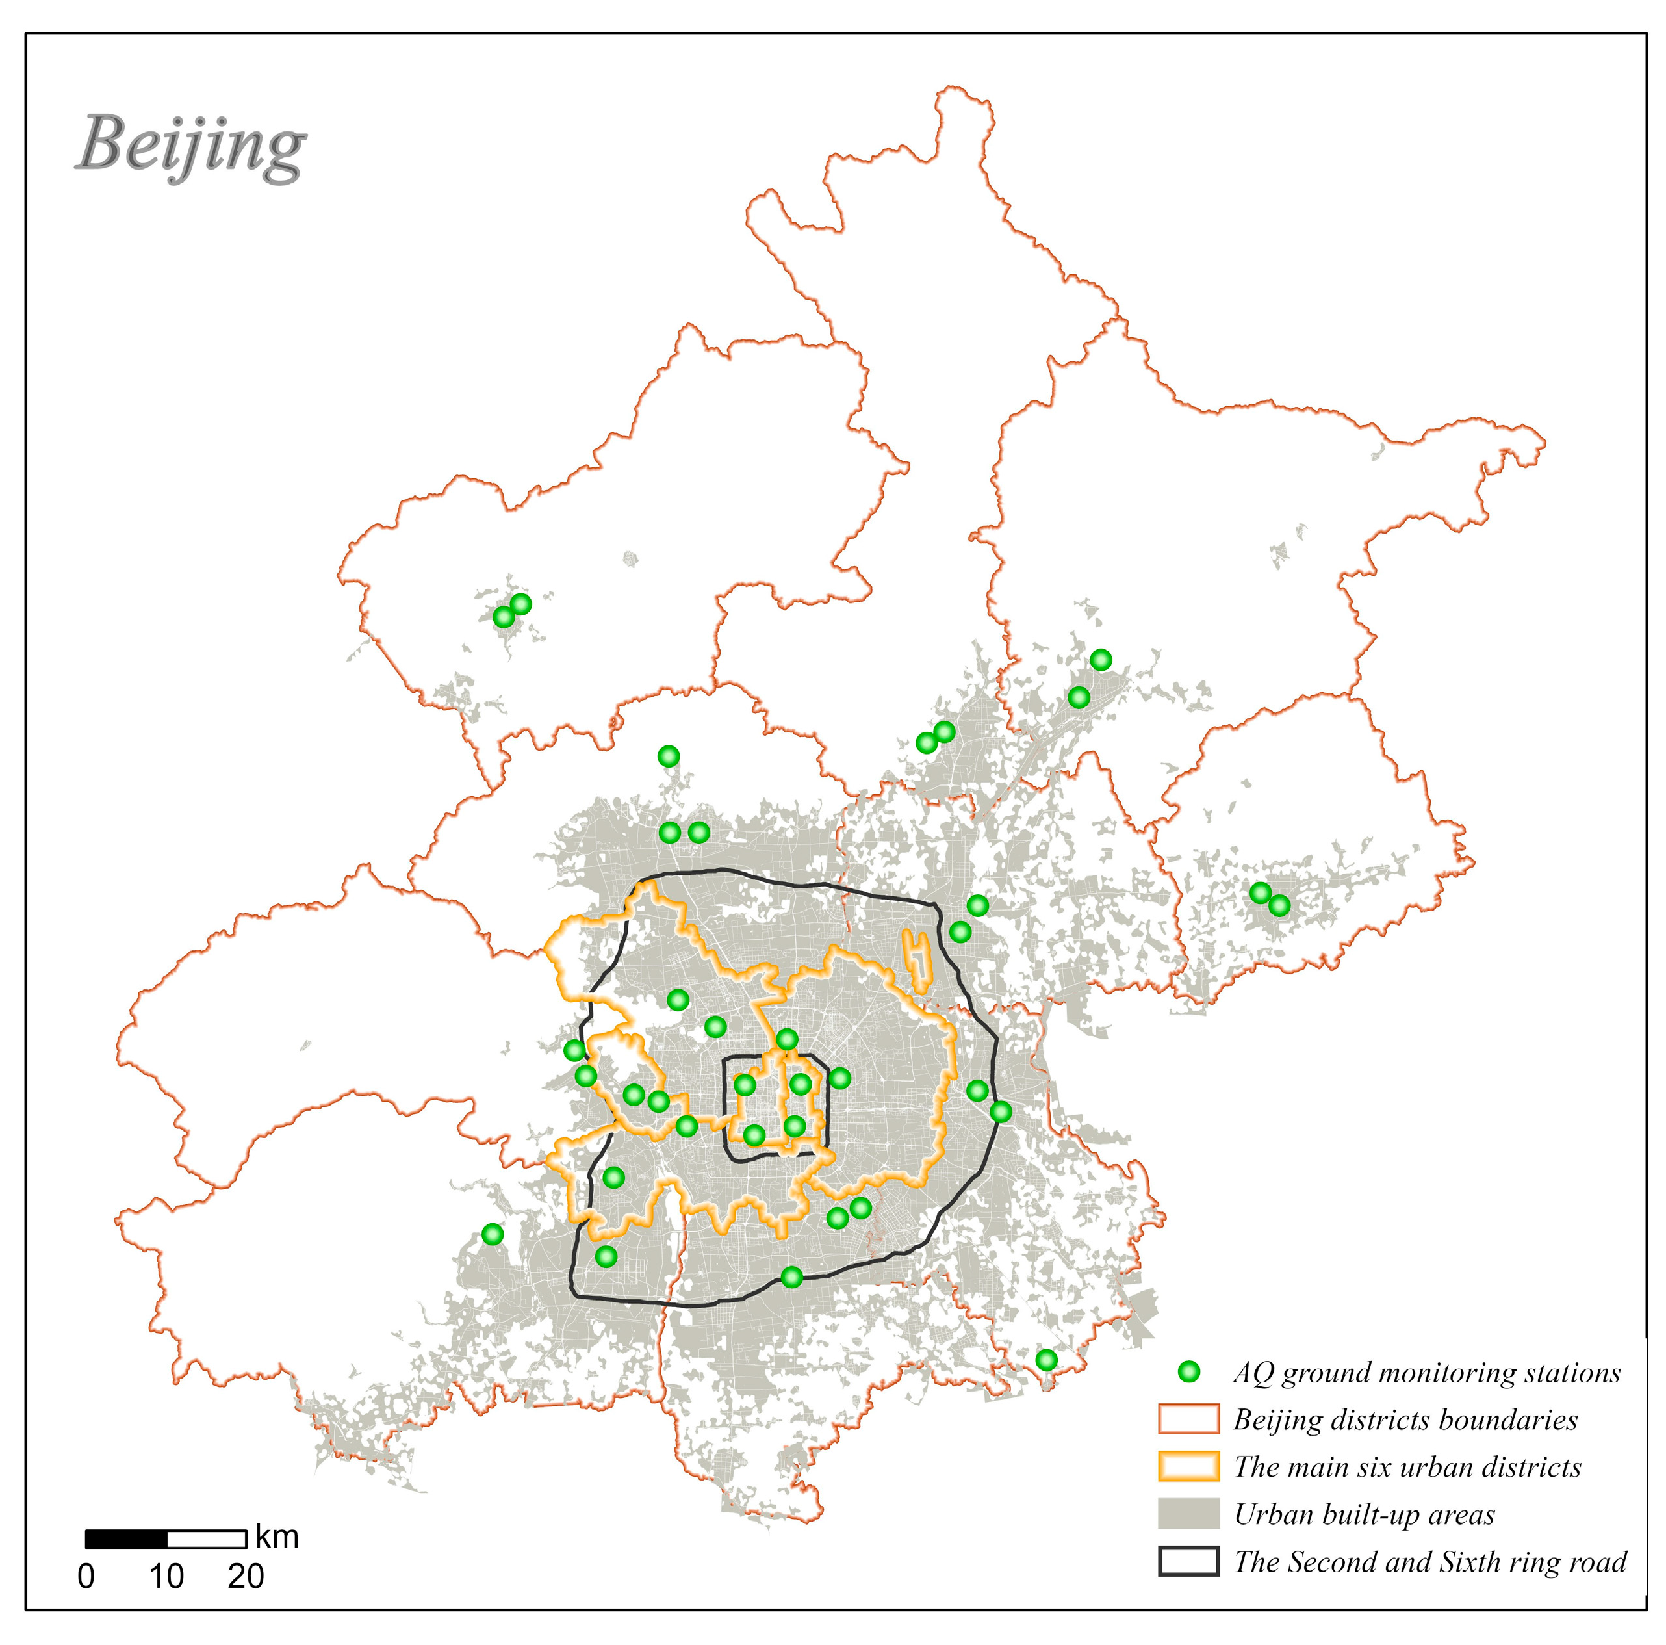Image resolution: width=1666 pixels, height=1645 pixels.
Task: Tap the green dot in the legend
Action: coord(1189,1371)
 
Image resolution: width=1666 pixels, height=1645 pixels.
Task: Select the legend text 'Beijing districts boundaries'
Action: coord(1405,1419)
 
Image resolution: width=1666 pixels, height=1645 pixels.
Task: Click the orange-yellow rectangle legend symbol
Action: coord(1188,1466)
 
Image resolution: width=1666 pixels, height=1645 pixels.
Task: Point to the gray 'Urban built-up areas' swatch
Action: coord(1188,1513)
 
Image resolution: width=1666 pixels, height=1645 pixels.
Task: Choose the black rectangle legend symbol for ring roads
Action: coord(1188,1561)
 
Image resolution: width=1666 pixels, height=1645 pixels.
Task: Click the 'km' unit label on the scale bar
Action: coord(277,1537)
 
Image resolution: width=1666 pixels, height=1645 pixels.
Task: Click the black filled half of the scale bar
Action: coord(126,1539)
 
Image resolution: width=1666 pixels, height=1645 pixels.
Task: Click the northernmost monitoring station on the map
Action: coord(521,604)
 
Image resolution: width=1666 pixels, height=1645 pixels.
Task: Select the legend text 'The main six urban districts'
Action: coord(1407,1466)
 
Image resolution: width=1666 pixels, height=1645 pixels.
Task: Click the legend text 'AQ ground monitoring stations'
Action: coord(1426,1371)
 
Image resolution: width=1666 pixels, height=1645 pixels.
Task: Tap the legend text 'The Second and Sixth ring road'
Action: coord(1429,1561)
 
